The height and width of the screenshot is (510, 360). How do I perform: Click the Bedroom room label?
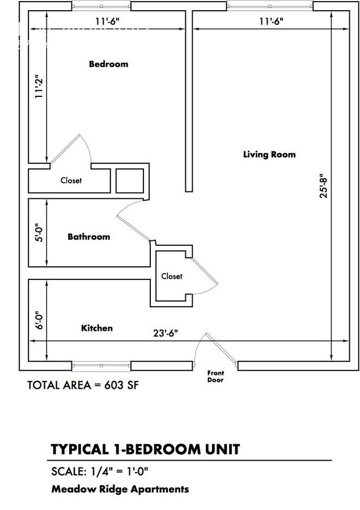click(x=109, y=63)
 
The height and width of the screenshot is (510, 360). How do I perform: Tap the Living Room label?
click(x=269, y=154)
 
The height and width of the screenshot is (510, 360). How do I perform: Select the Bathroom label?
click(x=89, y=236)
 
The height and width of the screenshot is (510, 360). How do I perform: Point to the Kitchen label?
click(x=97, y=328)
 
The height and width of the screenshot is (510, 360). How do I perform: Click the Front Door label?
click(x=215, y=376)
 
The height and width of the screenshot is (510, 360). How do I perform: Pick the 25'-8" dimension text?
click(x=324, y=187)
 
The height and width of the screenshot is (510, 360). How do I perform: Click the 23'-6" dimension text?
click(x=166, y=333)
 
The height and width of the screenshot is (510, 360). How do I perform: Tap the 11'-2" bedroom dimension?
click(x=39, y=88)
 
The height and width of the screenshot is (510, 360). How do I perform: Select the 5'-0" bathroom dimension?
click(x=39, y=232)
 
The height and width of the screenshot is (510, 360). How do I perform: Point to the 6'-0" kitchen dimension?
click(x=39, y=320)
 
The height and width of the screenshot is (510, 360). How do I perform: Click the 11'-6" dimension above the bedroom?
click(x=107, y=22)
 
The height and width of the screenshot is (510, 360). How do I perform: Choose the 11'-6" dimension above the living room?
click(x=271, y=22)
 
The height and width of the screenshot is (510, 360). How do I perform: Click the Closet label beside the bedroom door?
click(x=71, y=180)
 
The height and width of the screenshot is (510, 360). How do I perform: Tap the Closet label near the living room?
click(x=172, y=276)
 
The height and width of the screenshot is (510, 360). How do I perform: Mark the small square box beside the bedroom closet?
click(x=130, y=181)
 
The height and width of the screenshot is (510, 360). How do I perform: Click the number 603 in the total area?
click(x=113, y=385)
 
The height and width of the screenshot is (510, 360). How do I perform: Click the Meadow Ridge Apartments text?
click(x=120, y=489)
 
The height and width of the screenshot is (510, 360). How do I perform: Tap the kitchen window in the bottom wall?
click(x=101, y=366)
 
